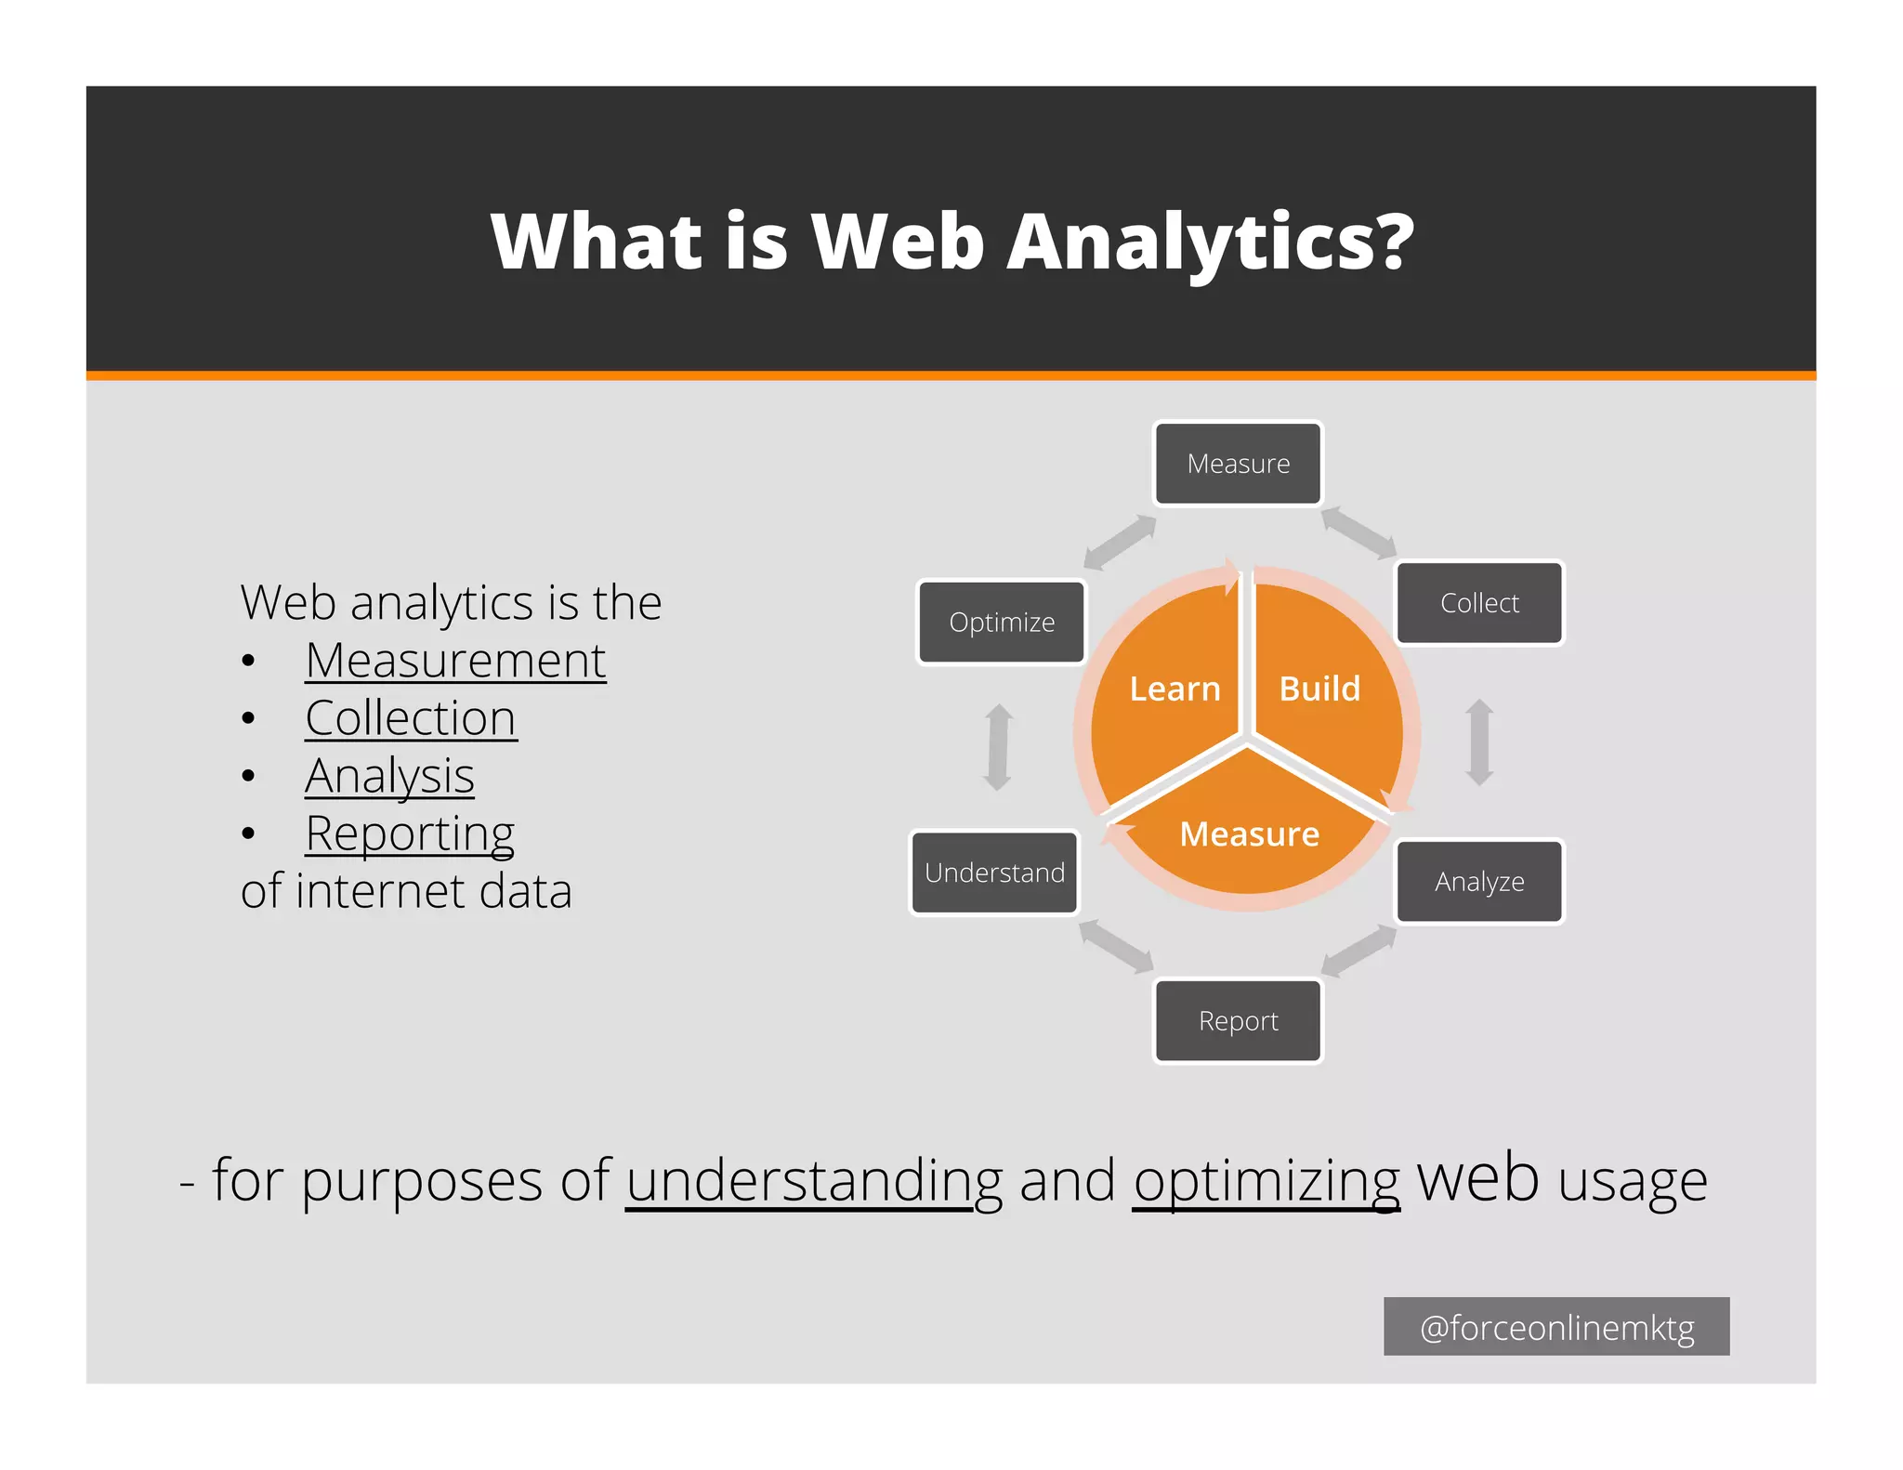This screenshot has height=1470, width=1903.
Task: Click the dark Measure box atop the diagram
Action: pos(1238,464)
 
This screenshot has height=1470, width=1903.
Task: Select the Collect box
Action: pos(1479,603)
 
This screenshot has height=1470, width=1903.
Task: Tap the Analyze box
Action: pos(1479,881)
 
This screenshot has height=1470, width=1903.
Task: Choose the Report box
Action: pos(1238,1020)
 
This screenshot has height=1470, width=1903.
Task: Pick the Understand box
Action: pos(994,873)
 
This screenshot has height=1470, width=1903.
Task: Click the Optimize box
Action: pos(1002,622)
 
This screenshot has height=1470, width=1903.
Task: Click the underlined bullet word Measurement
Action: pos(455,661)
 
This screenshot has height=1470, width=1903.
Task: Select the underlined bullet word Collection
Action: pos(411,718)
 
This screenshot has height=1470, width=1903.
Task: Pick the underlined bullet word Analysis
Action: pos(389,776)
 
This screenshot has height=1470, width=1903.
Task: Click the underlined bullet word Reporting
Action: pos(410,833)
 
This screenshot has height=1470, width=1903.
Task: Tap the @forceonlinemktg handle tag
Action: pos(1556,1327)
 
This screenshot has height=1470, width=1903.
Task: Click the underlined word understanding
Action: pos(814,1181)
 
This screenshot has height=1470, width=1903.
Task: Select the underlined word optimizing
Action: pos(1266,1181)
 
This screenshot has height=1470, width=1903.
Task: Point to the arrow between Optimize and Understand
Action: pos(999,747)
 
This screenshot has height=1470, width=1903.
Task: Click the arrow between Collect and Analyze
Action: pos(1479,742)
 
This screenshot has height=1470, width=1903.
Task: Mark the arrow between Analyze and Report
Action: pos(1358,952)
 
